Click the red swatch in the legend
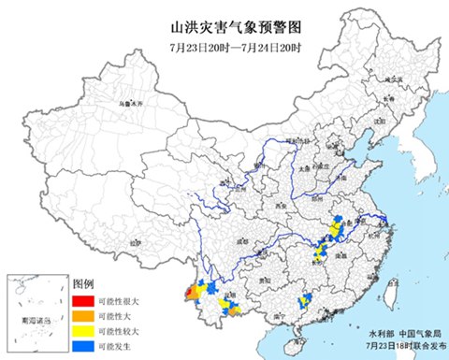[81, 302]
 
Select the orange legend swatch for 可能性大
[81, 317]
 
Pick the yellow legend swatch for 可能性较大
[81, 332]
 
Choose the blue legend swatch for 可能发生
[81, 347]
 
